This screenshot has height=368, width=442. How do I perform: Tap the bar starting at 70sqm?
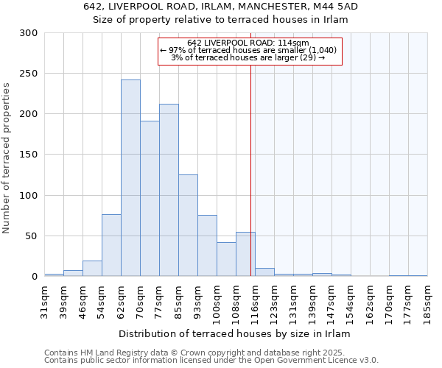pyautogui.click(x=150, y=198)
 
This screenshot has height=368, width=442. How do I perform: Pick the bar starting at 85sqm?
pyautogui.click(x=188, y=225)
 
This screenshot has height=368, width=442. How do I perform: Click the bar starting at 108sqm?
pyautogui.click(x=245, y=254)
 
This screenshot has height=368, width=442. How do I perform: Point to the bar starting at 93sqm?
pyautogui.click(x=207, y=246)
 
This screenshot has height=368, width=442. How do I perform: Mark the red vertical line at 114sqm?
pyautogui.click(x=250, y=162)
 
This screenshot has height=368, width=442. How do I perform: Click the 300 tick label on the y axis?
pyautogui.click(x=29, y=33)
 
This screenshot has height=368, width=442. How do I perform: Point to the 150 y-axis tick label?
pyautogui.click(x=29, y=155)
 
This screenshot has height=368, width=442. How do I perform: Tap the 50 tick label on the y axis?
pyautogui.click(x=32, y=236)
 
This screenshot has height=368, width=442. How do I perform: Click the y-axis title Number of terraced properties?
pyautogui.click(x=7, y=158)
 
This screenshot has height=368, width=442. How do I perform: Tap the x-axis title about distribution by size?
pyautogui.click(x=234, y=333)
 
